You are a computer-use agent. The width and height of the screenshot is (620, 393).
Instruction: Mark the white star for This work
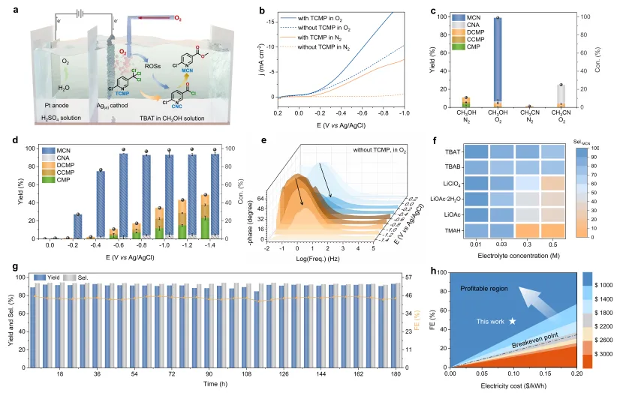(513, 321)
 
